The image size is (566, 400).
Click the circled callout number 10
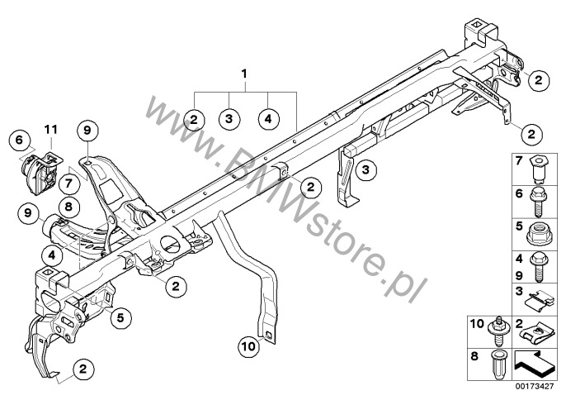pyautogui.click(x=248, y=346)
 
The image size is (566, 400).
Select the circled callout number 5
pyautogui.click(x=120, y=317)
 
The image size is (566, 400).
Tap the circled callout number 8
pyautogui.click(x=68, y=207)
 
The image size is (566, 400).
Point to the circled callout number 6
pyautogui.click(x=19, y=140)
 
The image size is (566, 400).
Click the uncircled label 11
pyautogui.click(x=51, y=129)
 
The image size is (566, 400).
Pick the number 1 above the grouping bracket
pyautogui.click(x=244, y=74)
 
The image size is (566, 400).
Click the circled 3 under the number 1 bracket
pyautogui.click(x=229, y=118)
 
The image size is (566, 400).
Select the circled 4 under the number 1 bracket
pyautogui.click(x=268, y=118)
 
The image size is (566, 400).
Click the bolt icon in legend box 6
pyautogui.click(x=538, y=202)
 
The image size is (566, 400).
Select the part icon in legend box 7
pyautogui.click(x=538, y=168)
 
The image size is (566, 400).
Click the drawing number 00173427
pyautogui.click(x=535, y=386)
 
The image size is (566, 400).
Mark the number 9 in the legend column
pyautogui.click(x=519, y=275)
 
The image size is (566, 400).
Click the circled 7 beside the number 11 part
pyautogui.click(x=68, y=183)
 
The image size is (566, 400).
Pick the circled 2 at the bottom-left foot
pyautogui.click(x=83, y=369)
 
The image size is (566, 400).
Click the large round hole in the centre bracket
pyautogui.click(x=170, y=244)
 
